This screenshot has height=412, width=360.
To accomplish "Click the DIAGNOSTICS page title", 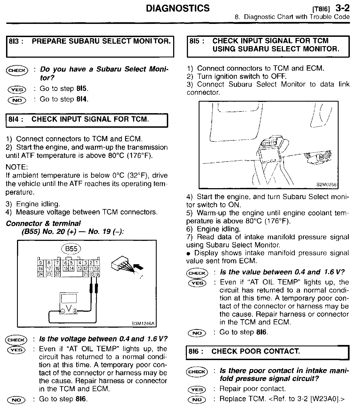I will [178, 9].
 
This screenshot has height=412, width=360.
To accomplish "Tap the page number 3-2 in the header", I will [342, 8].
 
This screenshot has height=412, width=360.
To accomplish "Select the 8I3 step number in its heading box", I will [16, 41].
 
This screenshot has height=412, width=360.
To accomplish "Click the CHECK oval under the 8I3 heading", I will [17, 70].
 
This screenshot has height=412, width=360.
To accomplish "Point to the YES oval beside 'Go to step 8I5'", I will [17, 89].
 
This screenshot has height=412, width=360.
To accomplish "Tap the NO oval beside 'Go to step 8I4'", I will [17, 100].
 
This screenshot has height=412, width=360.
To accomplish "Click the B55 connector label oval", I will [71, 249].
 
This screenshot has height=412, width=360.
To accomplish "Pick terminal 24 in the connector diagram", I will [40, 274].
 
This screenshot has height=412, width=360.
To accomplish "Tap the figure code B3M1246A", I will [143, 324].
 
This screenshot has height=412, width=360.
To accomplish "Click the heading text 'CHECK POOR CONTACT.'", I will [255, 351].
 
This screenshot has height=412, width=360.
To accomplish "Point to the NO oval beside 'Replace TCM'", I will [197, 399].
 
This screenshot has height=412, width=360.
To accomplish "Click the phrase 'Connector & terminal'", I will [43, 224].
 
